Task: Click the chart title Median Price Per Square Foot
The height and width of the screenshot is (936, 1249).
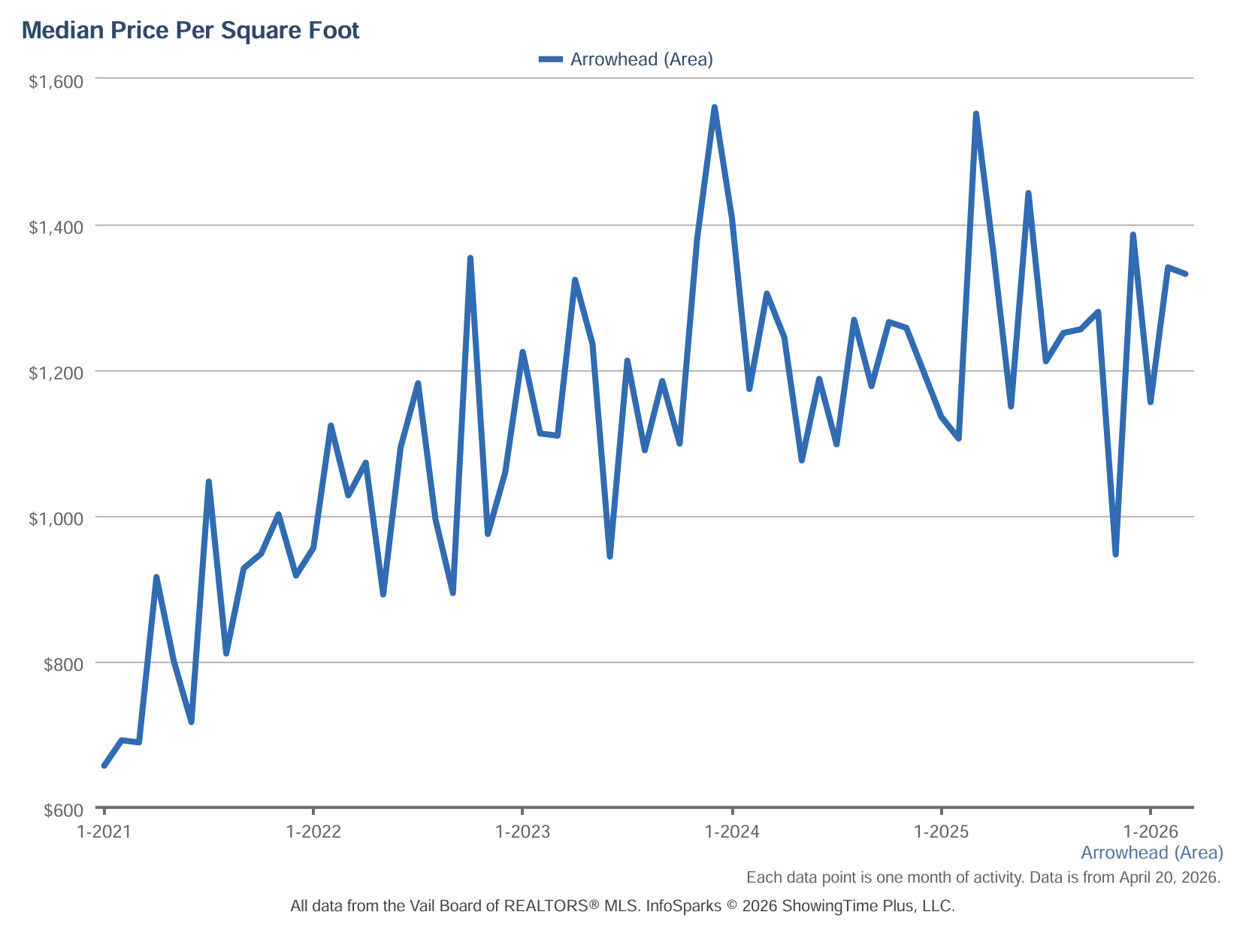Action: click(190, 30)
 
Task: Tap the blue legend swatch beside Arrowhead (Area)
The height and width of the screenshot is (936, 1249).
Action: click(550, 59)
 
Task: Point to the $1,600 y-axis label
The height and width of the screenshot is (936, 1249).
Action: click(56, 82)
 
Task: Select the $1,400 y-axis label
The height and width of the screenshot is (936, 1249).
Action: click(56, 228)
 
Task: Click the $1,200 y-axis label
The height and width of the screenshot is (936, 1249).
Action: click(56, 373)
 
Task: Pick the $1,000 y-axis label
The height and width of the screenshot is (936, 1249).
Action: click(56, 518)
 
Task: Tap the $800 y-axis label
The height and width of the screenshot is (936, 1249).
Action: click(63, 664)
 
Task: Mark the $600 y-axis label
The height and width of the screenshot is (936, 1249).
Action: click(63, 810)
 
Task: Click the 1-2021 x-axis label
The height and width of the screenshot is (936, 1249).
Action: click(104, 832)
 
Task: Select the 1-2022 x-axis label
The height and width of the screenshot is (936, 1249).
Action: click(313, 832)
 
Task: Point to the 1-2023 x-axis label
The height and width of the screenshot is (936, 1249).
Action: click(522, 832)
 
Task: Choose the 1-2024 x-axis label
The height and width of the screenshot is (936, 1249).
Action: click(732, 832)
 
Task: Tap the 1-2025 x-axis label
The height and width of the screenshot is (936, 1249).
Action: click(941, 832)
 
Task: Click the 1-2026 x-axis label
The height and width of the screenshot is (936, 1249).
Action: click(1150, 832)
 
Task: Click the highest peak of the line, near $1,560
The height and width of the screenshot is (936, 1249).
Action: click(714, 107)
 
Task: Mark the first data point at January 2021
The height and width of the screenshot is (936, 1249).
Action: click(104, 766)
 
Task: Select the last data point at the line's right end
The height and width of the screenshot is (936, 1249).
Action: click(1185, 273)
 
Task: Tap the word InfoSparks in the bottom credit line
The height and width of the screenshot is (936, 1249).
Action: click(683, 906)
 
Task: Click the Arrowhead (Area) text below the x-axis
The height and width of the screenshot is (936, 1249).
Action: click(1152, 853)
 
